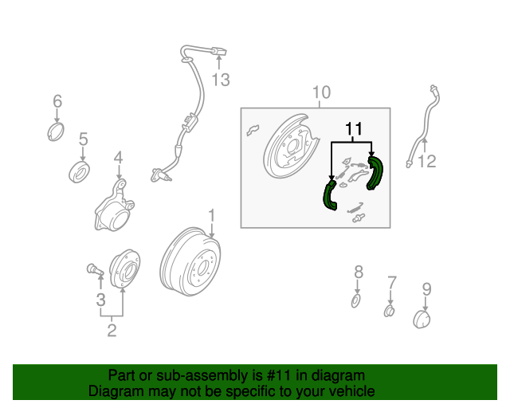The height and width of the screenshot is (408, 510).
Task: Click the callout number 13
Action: click(221, 79)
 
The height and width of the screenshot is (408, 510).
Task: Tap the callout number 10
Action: click(320, 93)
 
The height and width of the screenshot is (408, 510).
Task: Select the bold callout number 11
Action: click(353, 128)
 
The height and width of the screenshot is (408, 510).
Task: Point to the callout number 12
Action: click(427, 162)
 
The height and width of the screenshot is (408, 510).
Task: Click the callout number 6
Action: click(57, 101)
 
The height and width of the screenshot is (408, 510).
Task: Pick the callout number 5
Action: click(83, 141)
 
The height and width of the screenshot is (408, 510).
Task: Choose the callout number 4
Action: click(118, 159)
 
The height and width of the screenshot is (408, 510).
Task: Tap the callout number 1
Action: click(212, 215)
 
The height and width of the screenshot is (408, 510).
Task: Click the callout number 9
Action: click(426, 288)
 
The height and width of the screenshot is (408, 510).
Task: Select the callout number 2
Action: click(112, 329)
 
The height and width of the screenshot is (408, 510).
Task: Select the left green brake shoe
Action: click(329, 196)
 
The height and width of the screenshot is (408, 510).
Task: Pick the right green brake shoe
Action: click(375, 175)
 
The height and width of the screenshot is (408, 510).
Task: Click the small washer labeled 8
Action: click(357, 300)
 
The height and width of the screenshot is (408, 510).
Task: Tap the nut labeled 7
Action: click(390, 310)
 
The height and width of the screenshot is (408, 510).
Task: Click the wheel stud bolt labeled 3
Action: click(93, 269)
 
